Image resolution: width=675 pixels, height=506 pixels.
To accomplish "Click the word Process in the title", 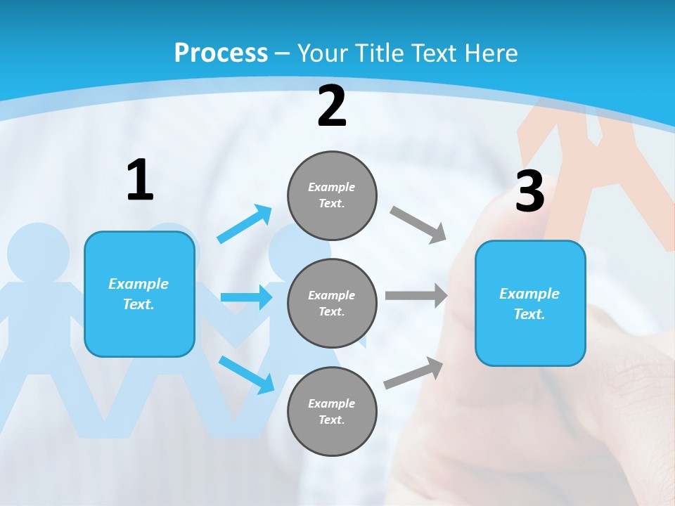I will [221, 53].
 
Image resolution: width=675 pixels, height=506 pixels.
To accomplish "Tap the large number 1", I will [140, 180].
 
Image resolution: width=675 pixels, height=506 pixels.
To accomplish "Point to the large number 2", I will [332, 107].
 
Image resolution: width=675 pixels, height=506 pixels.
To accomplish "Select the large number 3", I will [529, 191].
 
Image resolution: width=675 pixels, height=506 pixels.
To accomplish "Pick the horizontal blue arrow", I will [246, 297].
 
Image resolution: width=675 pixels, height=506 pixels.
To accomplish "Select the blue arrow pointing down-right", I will [247, 375].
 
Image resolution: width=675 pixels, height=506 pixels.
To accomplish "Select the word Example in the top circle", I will [331, 187].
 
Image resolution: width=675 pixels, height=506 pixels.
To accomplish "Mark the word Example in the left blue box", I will [139, 284].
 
